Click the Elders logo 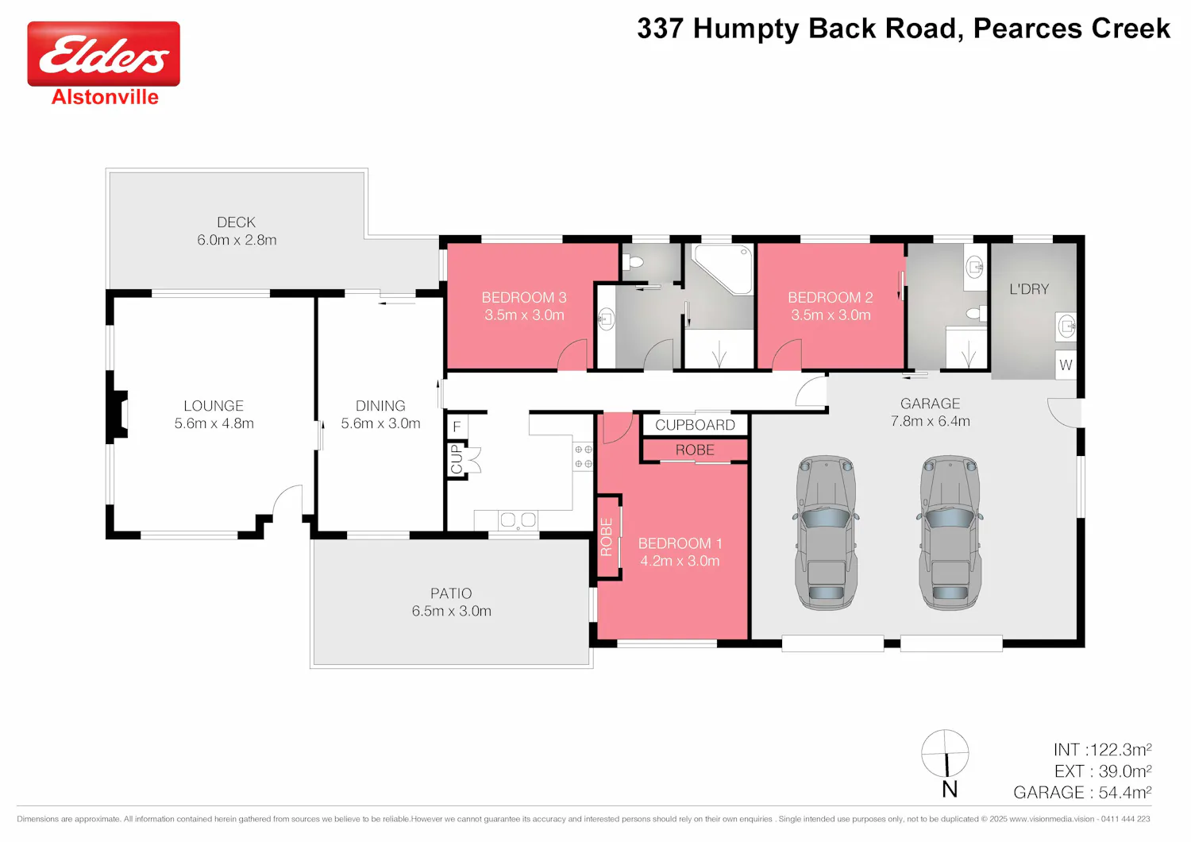pyautogui.click(x=104, y=54)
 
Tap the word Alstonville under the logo pyautogui.click(x=105, y=97)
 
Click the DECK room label pyautogui.click(x=236, y=222)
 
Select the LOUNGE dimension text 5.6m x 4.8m pyautogui.click(x=214, y=423)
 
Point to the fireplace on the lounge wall pyautogui.click(x=118, y=414)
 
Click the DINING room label pyautogui.click(x=380, y=406)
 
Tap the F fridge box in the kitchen pyautogui.click(x=457, y=426)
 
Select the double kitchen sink pyautogui.click(x=518, y=519)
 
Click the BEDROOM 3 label pyautogui.click(x=524, y=297)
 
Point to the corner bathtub pyautogui.click(x=723, y=268)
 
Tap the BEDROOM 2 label pyautogui.click(x=830, y=297)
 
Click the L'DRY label pyautogui.click(x=1029, y=289)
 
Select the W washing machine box pyautogui.click(x=1066, y=365)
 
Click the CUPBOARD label pyautogui.click(x=695, y=425)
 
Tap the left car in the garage pyautogui.click(x=826, y=532)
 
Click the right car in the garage pyautogui.click(x=950, y=532)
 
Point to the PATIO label pyautogui.click(x=451, y=593)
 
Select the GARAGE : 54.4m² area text pyautogui.click(x=1082, y=792)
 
